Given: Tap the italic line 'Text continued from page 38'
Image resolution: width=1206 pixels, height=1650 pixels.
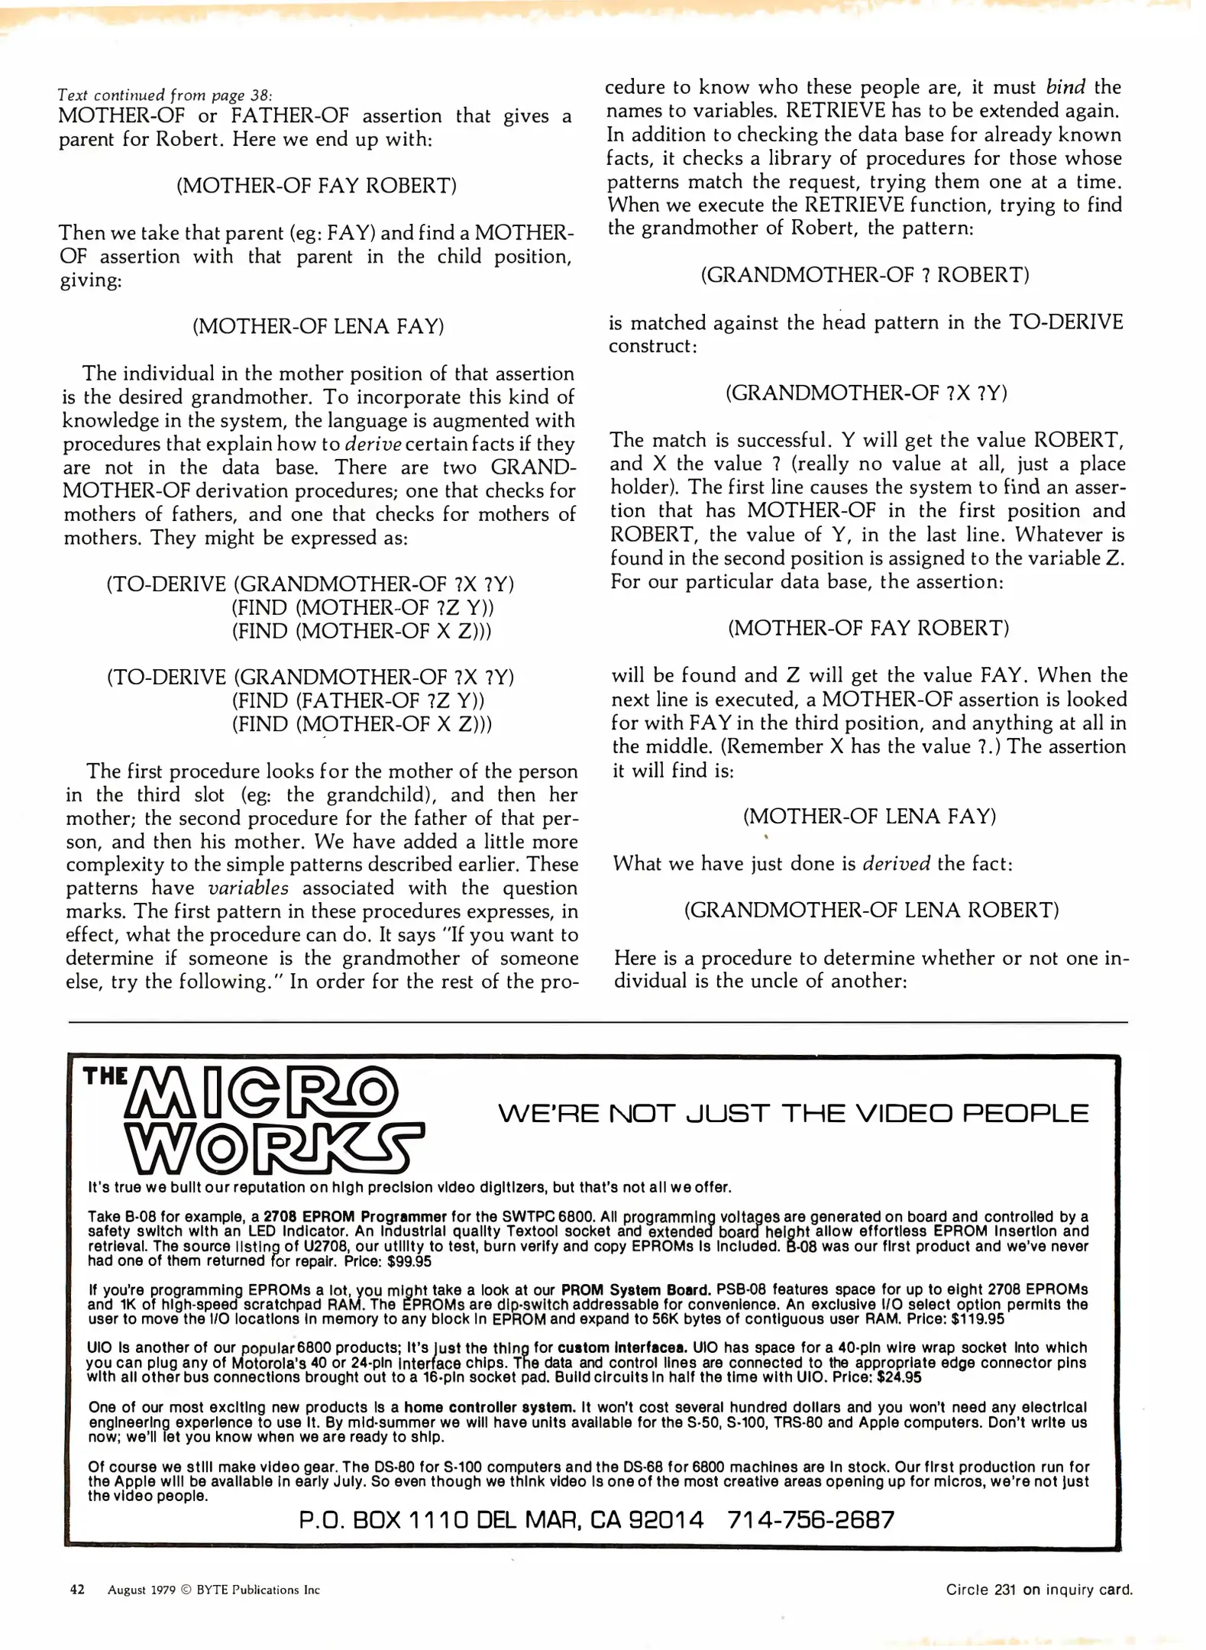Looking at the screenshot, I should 164,95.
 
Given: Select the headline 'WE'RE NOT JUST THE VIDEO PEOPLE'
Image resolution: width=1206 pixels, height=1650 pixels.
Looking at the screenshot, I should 793,1114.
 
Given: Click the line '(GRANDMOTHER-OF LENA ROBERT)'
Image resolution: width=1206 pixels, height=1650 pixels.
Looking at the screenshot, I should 871,910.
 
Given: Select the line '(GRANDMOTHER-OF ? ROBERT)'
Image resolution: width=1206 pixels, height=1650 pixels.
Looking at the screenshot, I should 865,275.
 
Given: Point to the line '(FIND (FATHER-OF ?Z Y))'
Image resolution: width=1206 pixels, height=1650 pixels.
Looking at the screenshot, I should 358,700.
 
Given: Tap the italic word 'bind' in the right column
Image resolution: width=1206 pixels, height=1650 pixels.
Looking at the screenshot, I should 1065,87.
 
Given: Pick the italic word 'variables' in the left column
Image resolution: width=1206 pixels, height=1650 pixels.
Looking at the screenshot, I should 248,888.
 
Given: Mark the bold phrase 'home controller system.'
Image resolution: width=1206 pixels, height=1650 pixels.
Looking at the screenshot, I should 490,1407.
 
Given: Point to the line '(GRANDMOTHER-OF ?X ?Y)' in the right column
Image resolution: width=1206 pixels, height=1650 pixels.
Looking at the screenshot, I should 866,393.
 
